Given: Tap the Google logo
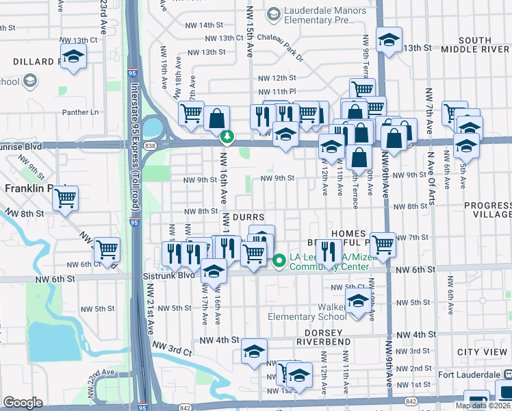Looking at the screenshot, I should [x=23, y=403].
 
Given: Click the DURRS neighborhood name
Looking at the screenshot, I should [x=248, y=216].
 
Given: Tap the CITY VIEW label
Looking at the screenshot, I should [x=483, y=351].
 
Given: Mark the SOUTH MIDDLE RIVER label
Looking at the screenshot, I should [x=475, y=43].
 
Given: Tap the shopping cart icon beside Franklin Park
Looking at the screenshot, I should [x=65, y=199].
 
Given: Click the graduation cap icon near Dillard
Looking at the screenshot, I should [x=73, y=56].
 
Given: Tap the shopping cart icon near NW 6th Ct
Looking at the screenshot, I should [x=107, y=250].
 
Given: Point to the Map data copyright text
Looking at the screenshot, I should [x=483, y=406].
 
